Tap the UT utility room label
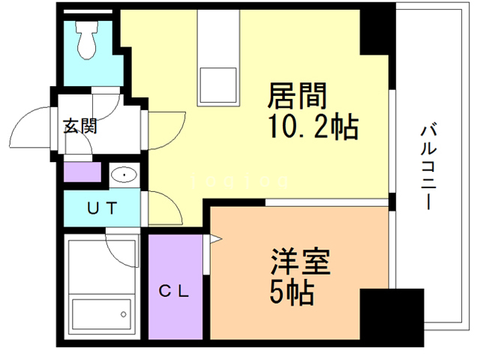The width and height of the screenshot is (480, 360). coord(101,209)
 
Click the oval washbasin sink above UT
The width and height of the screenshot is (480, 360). coord(122,175)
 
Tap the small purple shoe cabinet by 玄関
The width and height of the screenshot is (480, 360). coord(80,172)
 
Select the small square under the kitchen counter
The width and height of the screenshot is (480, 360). coord(217,87)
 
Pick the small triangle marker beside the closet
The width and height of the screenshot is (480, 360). coord(214,240)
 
